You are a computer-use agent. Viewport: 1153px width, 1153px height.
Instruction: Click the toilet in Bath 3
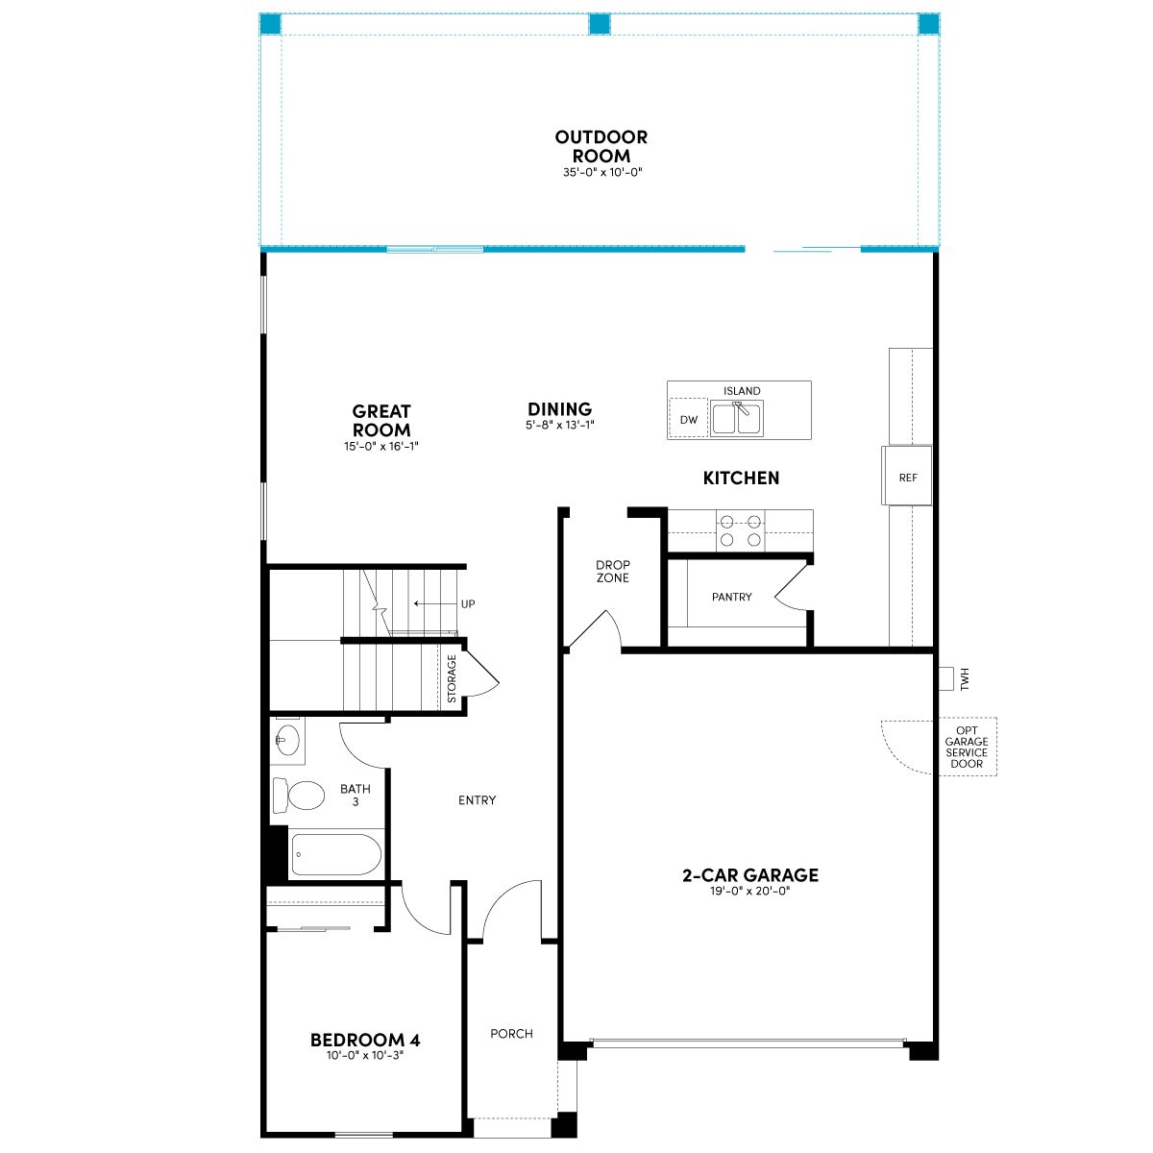coord(299,796)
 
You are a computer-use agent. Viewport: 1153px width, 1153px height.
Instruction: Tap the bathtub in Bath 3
coord(336,854)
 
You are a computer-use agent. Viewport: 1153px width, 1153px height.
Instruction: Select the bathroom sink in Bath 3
coord(288,740)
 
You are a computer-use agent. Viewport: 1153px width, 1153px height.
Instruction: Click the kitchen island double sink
coord(737,418)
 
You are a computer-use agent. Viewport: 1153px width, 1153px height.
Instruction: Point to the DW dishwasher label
coord(689,420)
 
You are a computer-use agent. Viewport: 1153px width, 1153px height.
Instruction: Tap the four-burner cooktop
coord(740,530)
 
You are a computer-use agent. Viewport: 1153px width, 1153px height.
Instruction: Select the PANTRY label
coord(732,597)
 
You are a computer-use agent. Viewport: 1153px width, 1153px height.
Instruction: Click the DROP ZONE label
coord(613,572)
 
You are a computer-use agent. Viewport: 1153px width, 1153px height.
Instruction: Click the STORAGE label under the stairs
coord(452,678)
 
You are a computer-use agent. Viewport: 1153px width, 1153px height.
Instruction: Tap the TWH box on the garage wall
coord(945,678)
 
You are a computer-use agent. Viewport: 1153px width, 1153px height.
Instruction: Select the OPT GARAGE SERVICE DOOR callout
coord(967,747)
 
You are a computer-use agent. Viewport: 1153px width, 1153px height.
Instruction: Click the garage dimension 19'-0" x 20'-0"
coord(750,891)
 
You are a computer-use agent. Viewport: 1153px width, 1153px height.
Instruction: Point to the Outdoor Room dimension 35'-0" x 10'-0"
coord(601,172)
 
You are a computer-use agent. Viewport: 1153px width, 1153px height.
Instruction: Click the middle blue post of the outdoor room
coord(600,24)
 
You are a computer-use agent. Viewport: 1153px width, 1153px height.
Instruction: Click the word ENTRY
coord(477,800)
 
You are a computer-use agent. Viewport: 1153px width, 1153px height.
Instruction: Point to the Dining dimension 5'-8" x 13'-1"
coord(560,426)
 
